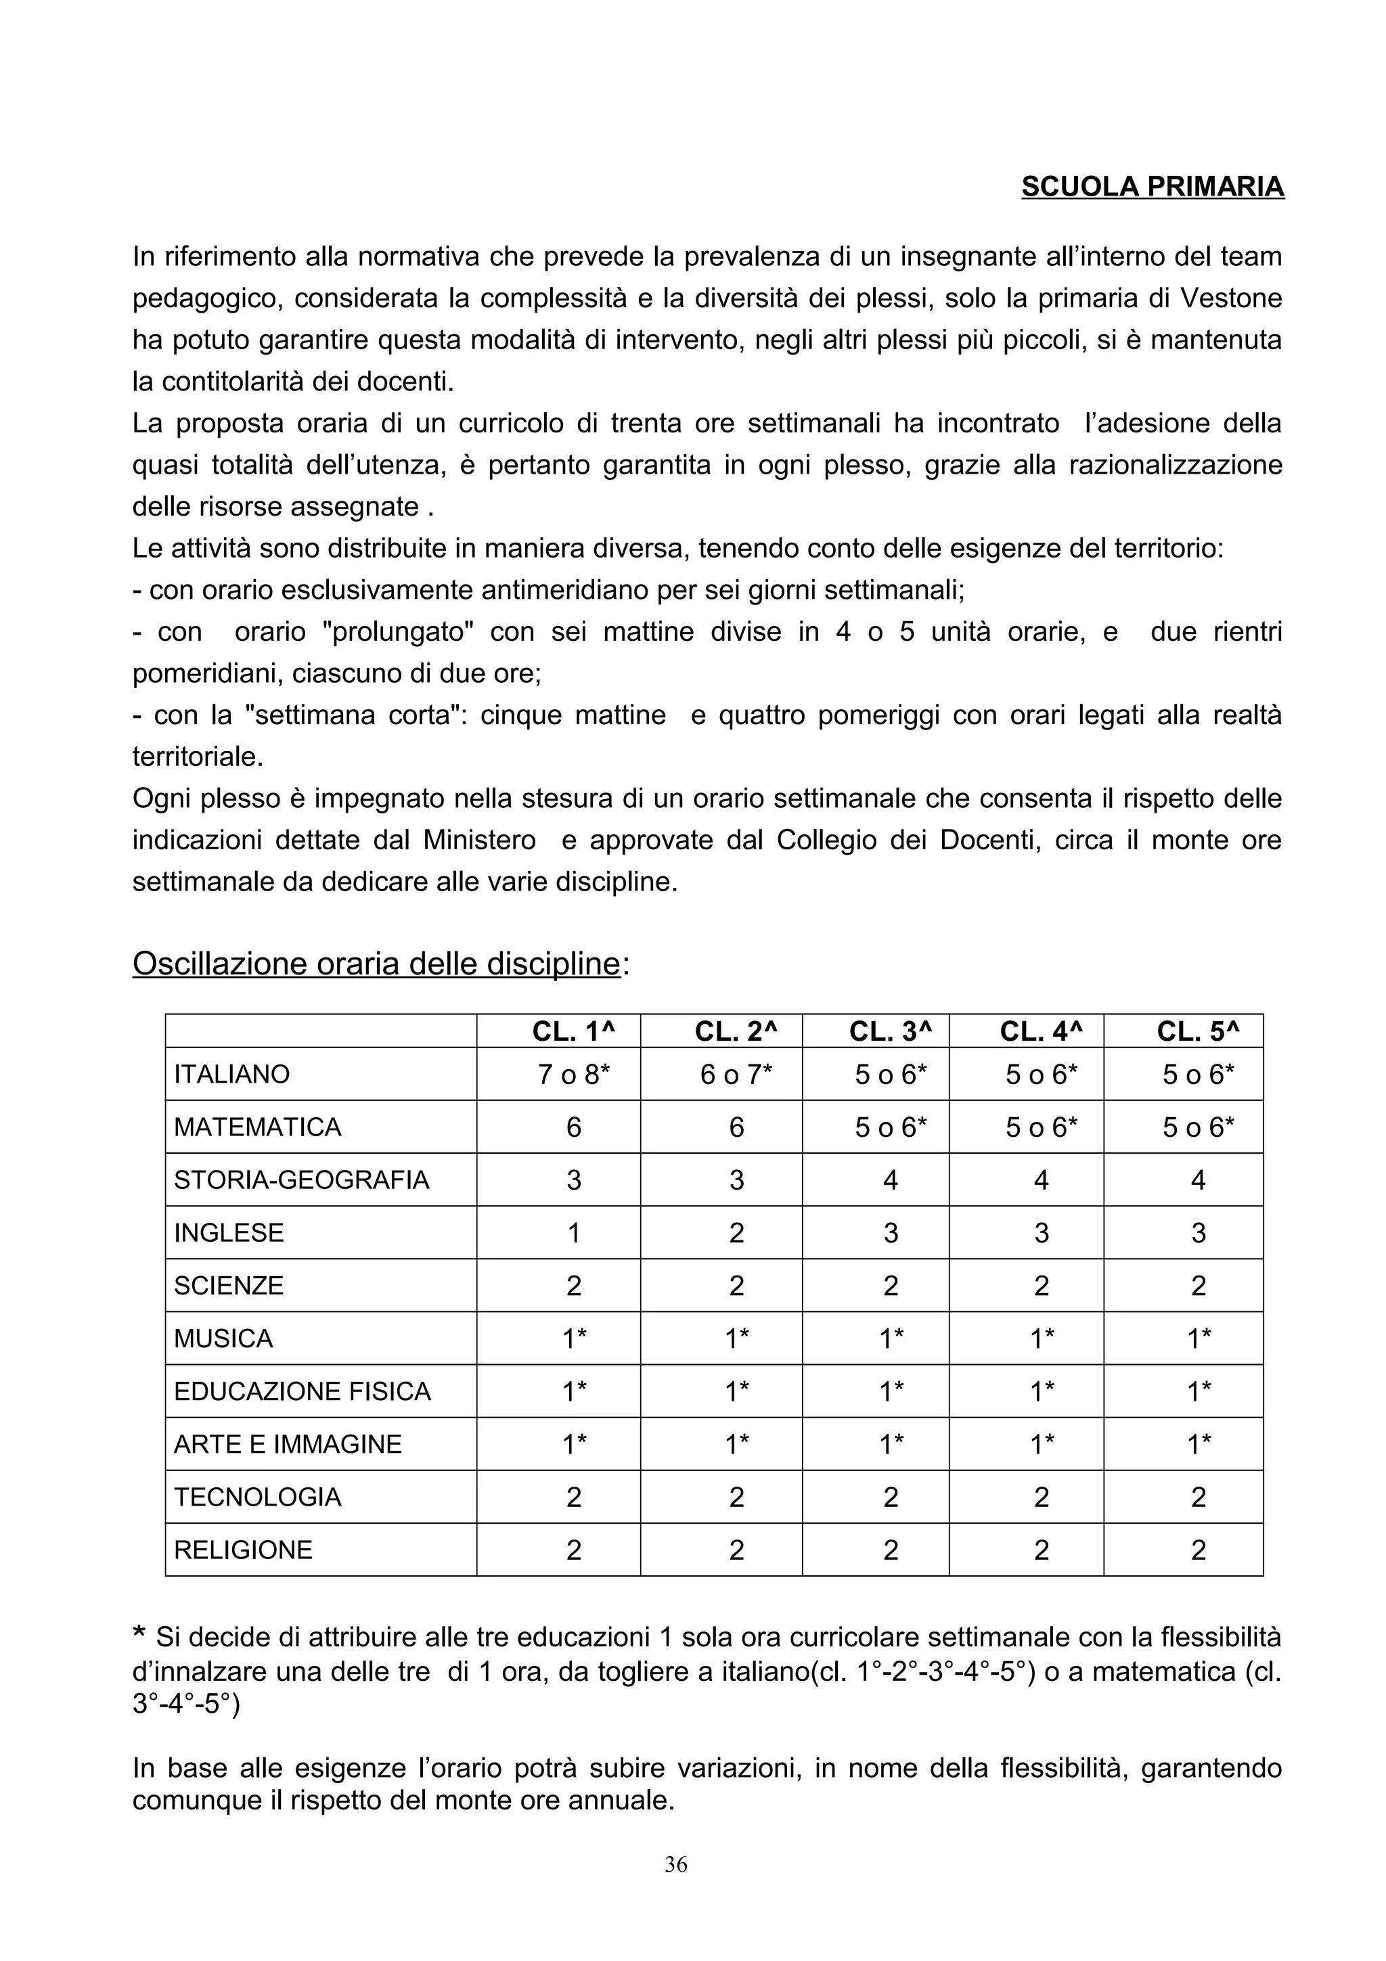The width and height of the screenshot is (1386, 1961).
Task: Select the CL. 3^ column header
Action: click(890, 1032)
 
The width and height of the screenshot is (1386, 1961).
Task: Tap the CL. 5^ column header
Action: click(1197, 1032)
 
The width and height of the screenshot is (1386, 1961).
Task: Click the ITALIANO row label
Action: click(231, 1075)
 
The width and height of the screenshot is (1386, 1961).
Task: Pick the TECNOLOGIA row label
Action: click(257, 1497)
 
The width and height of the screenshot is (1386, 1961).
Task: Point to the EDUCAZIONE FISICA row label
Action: click(303, 1391)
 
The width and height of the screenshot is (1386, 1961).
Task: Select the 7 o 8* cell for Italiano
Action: click(574, 1075)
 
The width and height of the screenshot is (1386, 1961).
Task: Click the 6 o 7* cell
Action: click(736, 1075)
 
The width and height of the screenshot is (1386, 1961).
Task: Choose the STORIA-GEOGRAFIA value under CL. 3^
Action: click(890, 1180)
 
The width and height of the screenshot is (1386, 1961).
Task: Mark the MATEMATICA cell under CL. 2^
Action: click(736, 1127)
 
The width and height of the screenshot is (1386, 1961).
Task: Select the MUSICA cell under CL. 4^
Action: click(1041, 1339)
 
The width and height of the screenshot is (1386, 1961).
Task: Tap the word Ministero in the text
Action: click(479, 840)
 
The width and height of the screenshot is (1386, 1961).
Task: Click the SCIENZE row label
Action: click(228, 1286)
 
